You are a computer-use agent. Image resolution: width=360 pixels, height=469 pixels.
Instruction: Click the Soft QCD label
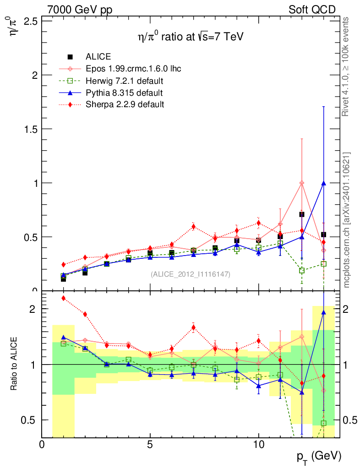coord(312,10)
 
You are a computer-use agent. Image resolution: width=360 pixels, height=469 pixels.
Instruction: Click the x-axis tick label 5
coord(150,444)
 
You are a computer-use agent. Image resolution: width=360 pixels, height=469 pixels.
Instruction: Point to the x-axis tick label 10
coord(258,444)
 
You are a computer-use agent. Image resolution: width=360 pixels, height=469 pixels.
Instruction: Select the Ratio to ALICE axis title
coord(15,364)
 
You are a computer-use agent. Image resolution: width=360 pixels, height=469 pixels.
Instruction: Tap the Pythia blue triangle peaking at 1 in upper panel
coord(323,183)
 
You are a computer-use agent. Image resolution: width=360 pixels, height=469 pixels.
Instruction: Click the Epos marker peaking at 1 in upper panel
coord(301,183)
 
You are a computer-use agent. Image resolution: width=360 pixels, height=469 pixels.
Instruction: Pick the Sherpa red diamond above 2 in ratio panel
coord(64,298)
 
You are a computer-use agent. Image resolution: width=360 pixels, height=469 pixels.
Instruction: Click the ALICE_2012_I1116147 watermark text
coord(191,274)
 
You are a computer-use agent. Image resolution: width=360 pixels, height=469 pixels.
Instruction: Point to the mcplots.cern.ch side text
coord(347,220)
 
